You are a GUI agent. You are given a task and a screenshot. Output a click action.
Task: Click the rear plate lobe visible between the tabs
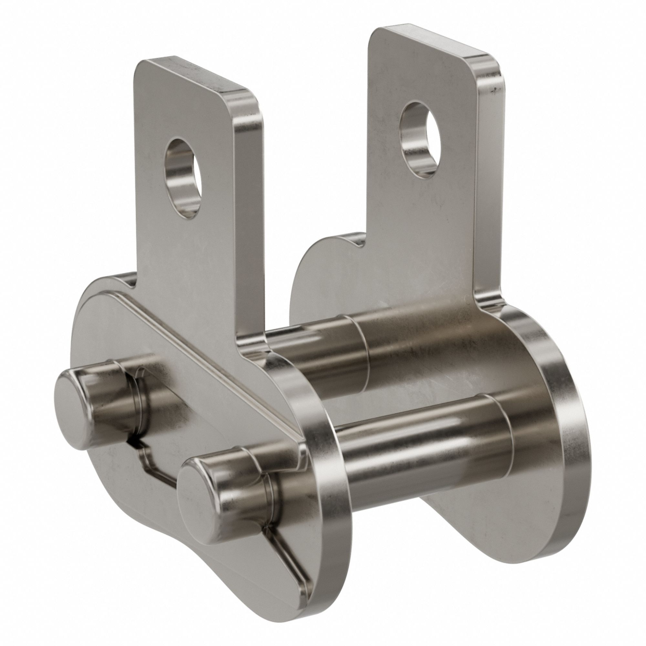pos(321,267)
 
